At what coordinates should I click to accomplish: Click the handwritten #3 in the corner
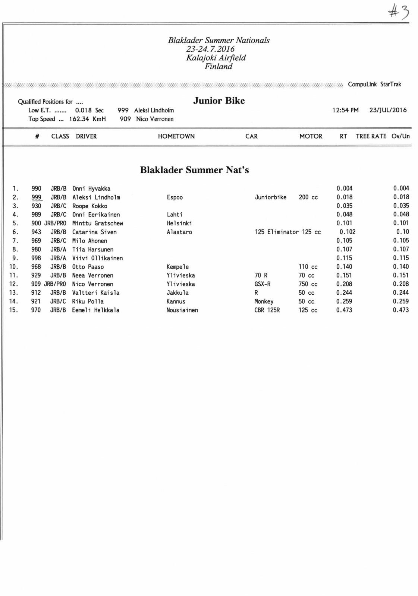coord(399,12)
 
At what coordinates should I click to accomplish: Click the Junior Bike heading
coord(219,101)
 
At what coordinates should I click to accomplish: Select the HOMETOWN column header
coord(176,136)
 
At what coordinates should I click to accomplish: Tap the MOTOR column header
coord(311,136)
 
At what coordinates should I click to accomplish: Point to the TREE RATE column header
coord(371,136)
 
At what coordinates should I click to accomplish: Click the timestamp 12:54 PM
coord(345,110)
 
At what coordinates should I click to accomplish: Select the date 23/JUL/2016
coord(388,110)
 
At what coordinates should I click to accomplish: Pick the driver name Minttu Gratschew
coord(97,223)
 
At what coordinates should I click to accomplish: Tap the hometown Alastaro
coord(179,232)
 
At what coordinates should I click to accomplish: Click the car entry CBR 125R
coord(267,310)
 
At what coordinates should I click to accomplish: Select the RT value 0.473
coord(344,310)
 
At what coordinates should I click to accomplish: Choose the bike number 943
coord(36,232)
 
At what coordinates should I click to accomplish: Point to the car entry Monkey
coord(264,301)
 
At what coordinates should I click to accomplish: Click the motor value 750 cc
coord(308,284)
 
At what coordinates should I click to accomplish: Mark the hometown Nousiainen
coord(182,310)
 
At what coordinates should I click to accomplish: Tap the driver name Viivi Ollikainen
coord(97,258)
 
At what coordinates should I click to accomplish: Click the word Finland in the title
coord(219,67)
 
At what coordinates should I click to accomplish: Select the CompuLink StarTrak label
coord(374,84)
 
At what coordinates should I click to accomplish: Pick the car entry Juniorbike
coord(271,197)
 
